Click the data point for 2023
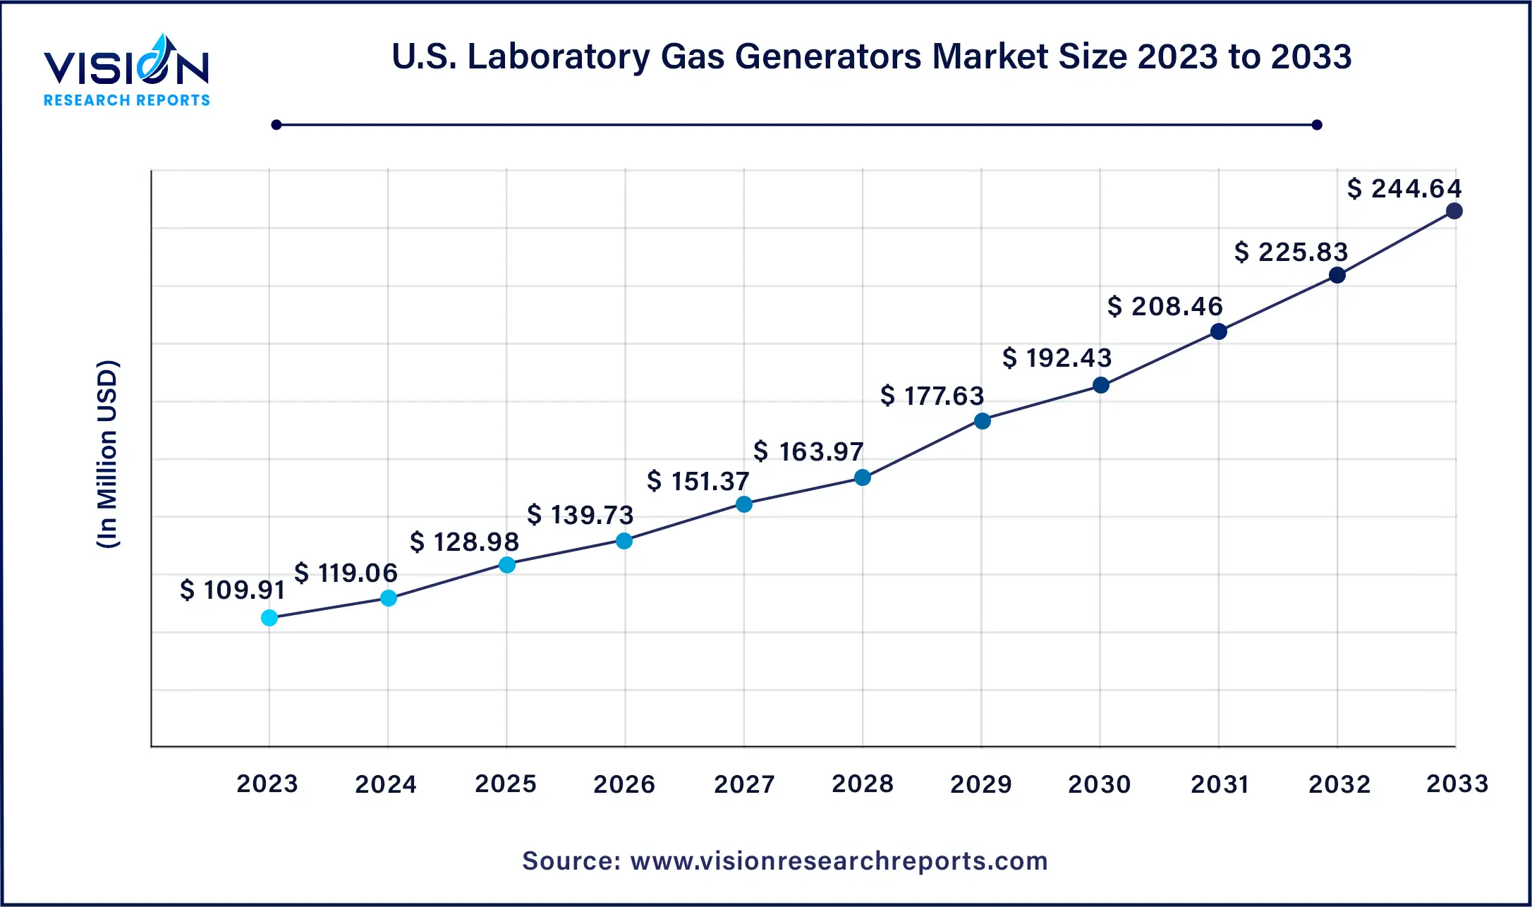(269, 618)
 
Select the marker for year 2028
(862, 477)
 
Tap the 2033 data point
(1454, 211)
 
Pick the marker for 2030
(1100, 385)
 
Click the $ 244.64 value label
(1404, 188)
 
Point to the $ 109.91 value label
(232, 590)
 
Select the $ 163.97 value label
(808, 451)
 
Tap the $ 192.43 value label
(1057, 358)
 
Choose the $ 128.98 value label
(464, 542)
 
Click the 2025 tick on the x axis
(506, 784)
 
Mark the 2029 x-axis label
(980, 784)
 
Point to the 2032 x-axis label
(1339, 784)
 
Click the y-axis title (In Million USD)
(108, 454)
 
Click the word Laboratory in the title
(559, 56)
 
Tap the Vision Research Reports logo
(127, 71)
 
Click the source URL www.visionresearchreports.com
(839, 861)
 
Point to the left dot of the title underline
(276, 125)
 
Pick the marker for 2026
(624, 541)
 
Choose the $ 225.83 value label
(1291, 252)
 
